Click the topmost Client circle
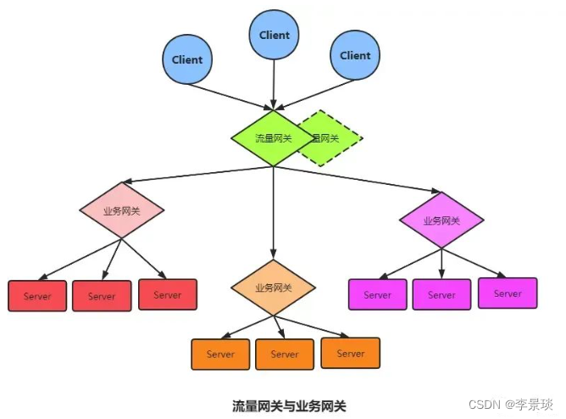[274, 35]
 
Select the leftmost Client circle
[187, 59]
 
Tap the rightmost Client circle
[355, 55]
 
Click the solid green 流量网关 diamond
[273, 137]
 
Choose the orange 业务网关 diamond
[273, 288]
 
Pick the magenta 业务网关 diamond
[441, 220]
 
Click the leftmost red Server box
[37, 296]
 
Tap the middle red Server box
[102, 296]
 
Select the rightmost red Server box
[168, 294]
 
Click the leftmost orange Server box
[221, 354]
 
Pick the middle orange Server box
[285, 354]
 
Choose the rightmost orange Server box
[350, 352]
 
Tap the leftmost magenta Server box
[378, 294]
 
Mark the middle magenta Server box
[441, 294]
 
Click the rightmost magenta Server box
[508, 293]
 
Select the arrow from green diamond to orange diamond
[273, 212]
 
